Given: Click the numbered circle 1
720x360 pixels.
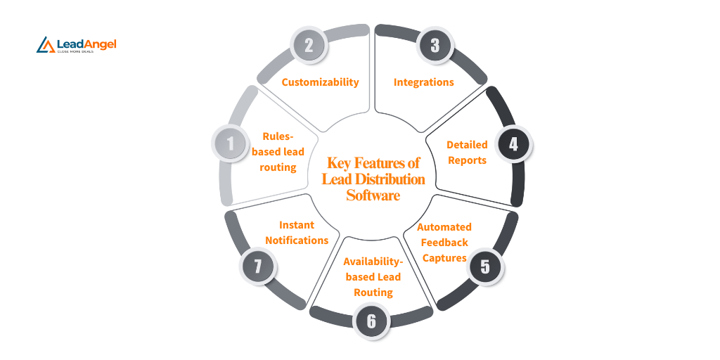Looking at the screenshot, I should [x=231, y=144].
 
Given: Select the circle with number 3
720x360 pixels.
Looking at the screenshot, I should [x=435, y=46].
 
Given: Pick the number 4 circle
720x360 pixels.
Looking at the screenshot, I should [x=513, y=144].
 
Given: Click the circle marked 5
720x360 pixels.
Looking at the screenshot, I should [x=484, y=266].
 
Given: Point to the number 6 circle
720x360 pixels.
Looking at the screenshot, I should [x=371, y=321].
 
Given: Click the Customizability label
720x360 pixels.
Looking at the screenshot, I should [x=320, y=82].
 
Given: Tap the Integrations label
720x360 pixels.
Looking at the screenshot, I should [x=423, y=82].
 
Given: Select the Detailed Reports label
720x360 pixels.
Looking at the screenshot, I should [x=467, y=152].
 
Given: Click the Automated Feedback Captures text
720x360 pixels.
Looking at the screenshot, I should [x=444, y=243].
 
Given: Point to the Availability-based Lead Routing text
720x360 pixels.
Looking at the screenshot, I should [x=373, y=276].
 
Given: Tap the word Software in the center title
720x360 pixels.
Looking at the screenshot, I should [x=373, y=195].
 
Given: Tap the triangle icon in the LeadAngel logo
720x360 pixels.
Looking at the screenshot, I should [x=46, y=45].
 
